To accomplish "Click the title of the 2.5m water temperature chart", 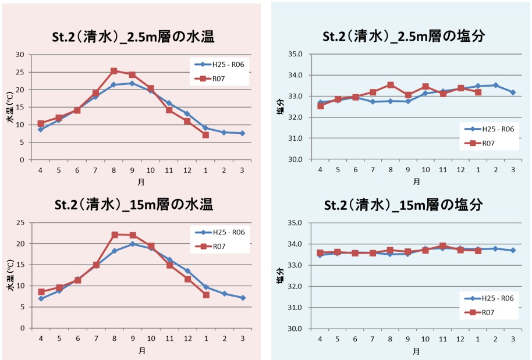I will (x=133, y=38).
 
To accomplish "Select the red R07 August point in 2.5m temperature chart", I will (x=114, y=71).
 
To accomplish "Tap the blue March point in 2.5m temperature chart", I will (x=242, y=133).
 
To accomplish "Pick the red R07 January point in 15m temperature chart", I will (x=206, y=295).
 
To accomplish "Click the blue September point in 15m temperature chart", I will (x=133, y=244).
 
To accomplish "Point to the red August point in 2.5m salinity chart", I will (x=390, y=85).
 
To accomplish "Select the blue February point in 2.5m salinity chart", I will (x=496, y=85).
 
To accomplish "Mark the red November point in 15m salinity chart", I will (x=443, y=246).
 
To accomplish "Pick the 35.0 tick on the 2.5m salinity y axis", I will (x=297, y=54).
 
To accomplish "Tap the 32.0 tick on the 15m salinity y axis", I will (x=297, y=286).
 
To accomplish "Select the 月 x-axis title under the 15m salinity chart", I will (x=417, y=351).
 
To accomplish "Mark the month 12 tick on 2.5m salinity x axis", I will (x=460, y=169).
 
